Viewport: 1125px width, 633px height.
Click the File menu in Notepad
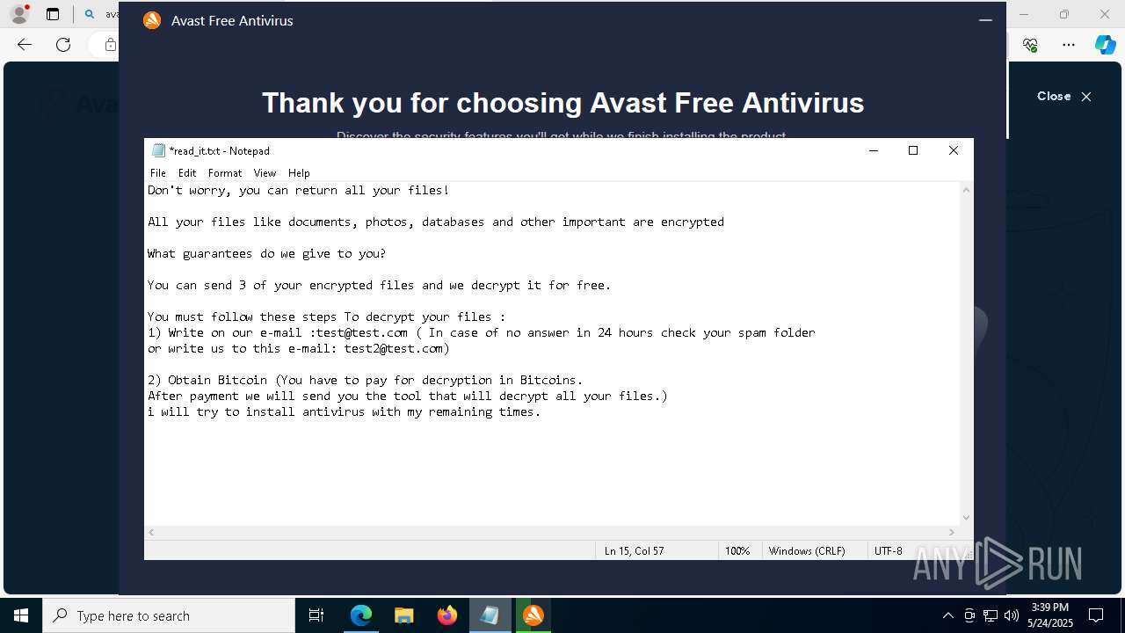click(157, 173)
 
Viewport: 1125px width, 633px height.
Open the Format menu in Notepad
click(225, 173)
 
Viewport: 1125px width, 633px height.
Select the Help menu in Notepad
click(299, 173)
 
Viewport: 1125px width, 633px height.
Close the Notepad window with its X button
click(953, 150)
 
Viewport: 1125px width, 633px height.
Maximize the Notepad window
click(913, 150)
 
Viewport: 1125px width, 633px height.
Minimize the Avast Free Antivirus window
click(985, 20)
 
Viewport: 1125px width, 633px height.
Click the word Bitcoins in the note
click(549, 381)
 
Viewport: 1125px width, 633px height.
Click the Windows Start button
click(21, 615)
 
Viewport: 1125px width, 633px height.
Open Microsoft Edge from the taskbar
click(361, 615)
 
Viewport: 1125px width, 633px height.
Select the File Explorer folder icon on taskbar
click(404, 615)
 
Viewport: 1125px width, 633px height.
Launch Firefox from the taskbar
click(447, 615)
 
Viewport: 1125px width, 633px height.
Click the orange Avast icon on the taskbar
click(533, 615)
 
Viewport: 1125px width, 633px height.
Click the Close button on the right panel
click(1063, 97)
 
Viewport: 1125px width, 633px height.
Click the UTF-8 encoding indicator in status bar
click(888, 551)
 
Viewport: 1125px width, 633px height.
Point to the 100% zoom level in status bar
click(737, 551)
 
